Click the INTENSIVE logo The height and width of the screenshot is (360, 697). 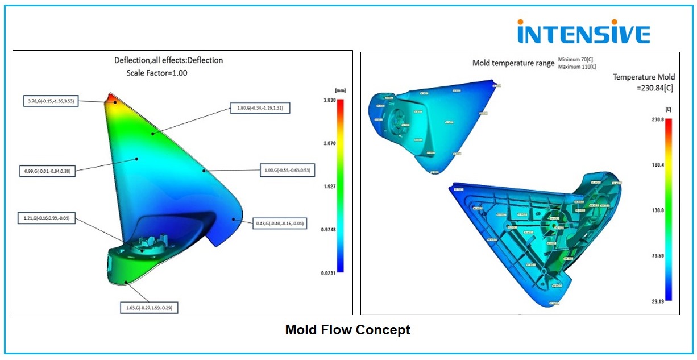coord(583,32)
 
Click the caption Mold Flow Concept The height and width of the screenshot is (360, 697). coord(347,330)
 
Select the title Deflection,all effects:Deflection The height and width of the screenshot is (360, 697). coord(169,60)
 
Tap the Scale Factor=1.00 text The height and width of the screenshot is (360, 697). coord(157,73)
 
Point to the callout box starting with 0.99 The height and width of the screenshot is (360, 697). coord(48,171)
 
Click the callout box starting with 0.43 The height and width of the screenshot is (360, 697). coord(279,224)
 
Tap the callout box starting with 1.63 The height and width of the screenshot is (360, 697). coord(150,308)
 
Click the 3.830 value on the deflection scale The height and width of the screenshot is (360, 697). coord(329,100)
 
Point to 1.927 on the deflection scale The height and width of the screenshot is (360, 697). coord(329,187)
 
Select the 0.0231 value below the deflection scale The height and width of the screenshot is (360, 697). coord(329,274)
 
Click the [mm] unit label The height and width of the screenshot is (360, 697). coord(341,90)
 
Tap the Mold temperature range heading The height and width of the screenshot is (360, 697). coord(513,63)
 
